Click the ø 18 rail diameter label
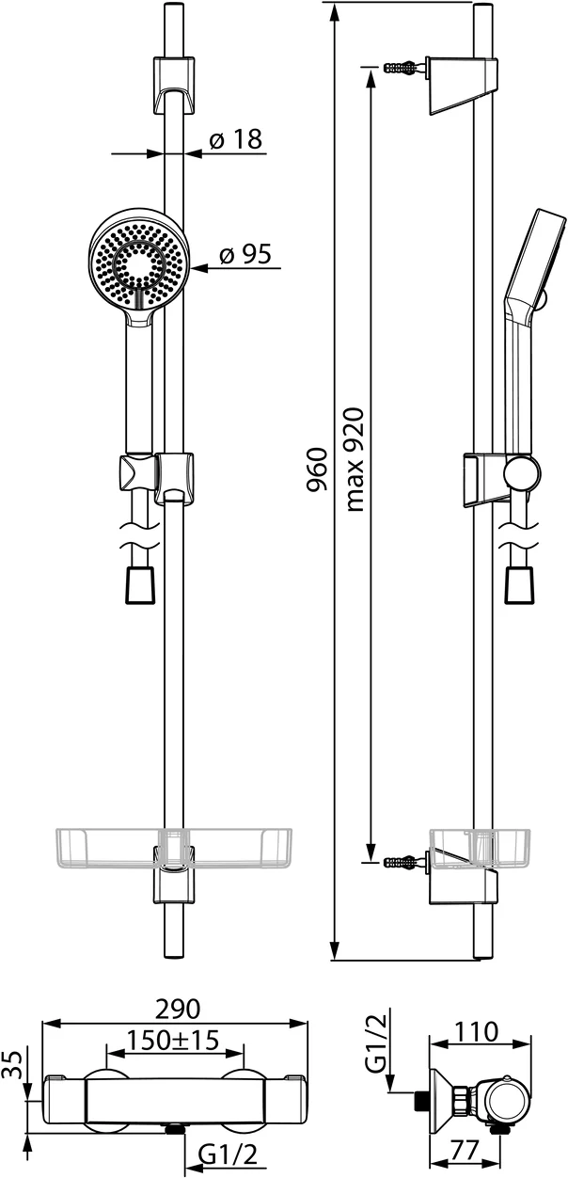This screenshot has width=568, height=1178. tap(234, 140)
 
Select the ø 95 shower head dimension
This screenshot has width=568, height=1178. tap(245, 255)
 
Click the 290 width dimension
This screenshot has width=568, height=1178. tap(178, 1009)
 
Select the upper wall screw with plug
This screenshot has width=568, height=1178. tap(403, 69)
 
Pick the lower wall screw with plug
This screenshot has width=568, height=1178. tap(403, 861)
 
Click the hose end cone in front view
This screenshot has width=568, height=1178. tap(138, 583)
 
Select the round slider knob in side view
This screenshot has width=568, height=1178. tap(522, 473)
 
